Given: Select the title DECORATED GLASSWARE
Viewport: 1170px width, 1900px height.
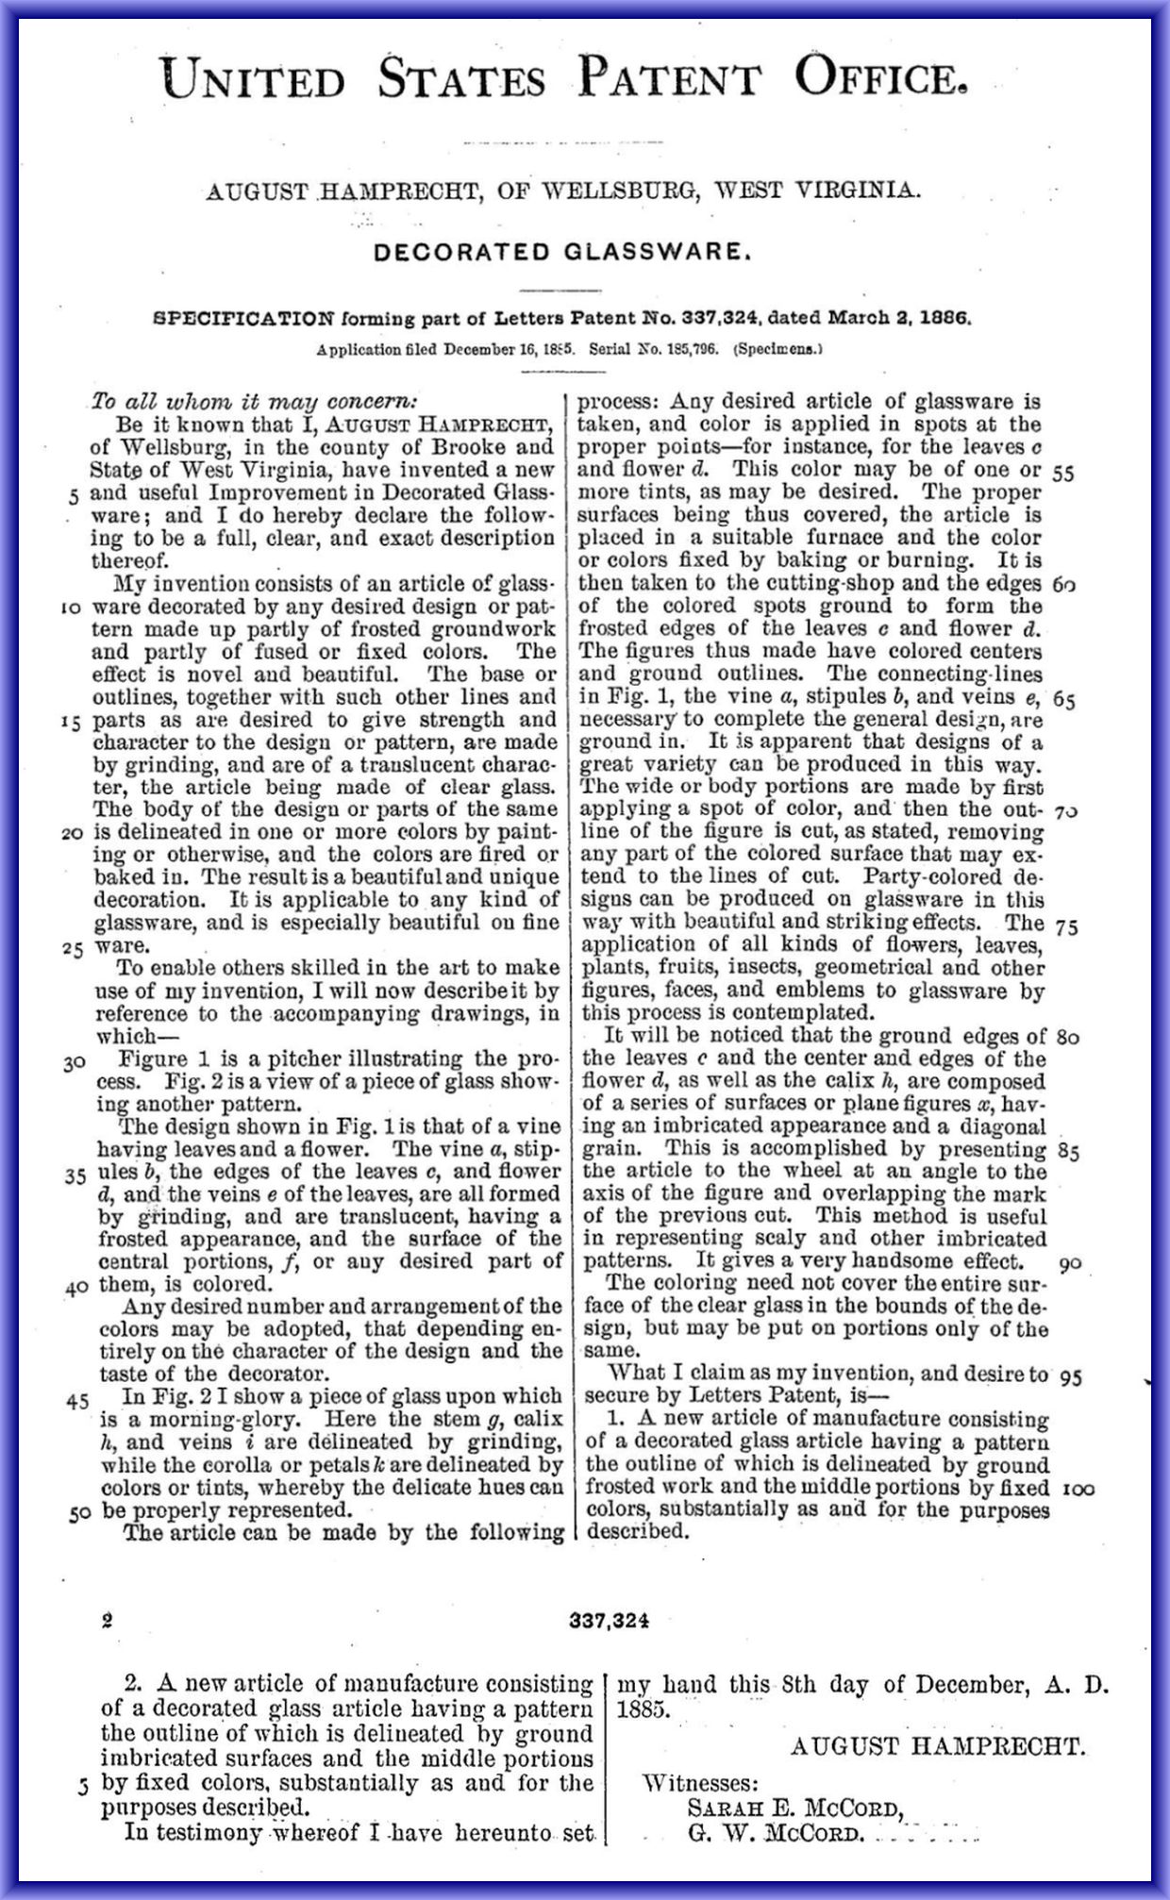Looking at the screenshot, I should pyautogui.click(x=562, y=252).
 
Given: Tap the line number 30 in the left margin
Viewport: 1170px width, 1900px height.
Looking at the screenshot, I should pyautogui.click(x=75, y=1063).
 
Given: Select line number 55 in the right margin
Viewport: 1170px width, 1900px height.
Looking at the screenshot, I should pyautogui.click(x=1062, y=474).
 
